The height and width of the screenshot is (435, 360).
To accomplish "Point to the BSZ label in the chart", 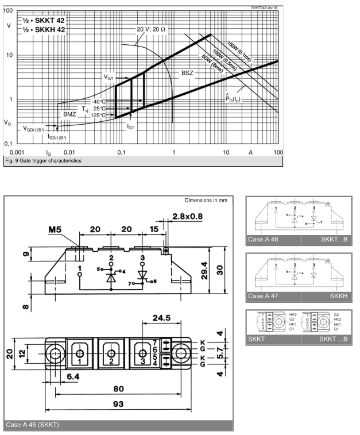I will (188, 74).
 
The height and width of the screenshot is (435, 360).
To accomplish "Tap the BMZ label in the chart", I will (69, 114).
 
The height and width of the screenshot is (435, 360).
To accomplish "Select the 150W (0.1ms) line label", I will (238, 50).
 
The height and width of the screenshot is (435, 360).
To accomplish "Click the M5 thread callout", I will (56, 230).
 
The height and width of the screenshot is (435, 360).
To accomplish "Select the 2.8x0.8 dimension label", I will (187, 217).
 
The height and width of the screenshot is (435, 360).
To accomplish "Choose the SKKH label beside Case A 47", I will (339, 295).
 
